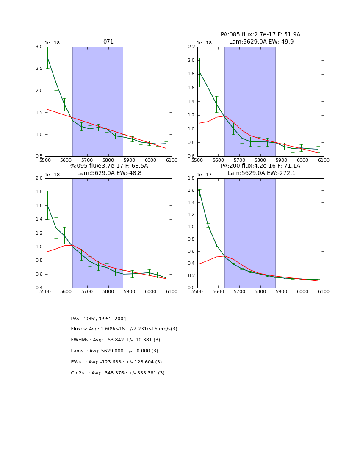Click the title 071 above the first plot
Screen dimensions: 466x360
coord(108,42)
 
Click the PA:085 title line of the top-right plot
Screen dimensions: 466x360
coord(260,35)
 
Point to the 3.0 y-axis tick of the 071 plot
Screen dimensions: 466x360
coord(39,47)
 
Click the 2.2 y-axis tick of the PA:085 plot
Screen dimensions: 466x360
coord(191,47)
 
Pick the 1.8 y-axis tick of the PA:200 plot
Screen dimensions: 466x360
coord(191,178)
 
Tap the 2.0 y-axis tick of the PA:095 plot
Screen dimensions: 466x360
coord(39,178)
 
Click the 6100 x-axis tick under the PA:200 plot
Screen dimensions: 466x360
coord(324,292)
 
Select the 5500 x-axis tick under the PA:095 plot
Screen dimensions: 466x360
coord(45,292)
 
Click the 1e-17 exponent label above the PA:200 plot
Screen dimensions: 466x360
coord(204,175)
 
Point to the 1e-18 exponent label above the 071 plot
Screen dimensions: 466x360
coord(52,43)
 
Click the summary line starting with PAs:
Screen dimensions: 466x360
coord(99,319)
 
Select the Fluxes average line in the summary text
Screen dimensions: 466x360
coord(124,329)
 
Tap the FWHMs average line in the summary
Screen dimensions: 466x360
coord(116,340)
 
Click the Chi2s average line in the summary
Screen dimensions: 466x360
coord(118,373)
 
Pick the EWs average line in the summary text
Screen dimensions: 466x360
coord(116,362)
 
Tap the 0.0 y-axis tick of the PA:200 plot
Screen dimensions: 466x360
coord(191,288)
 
